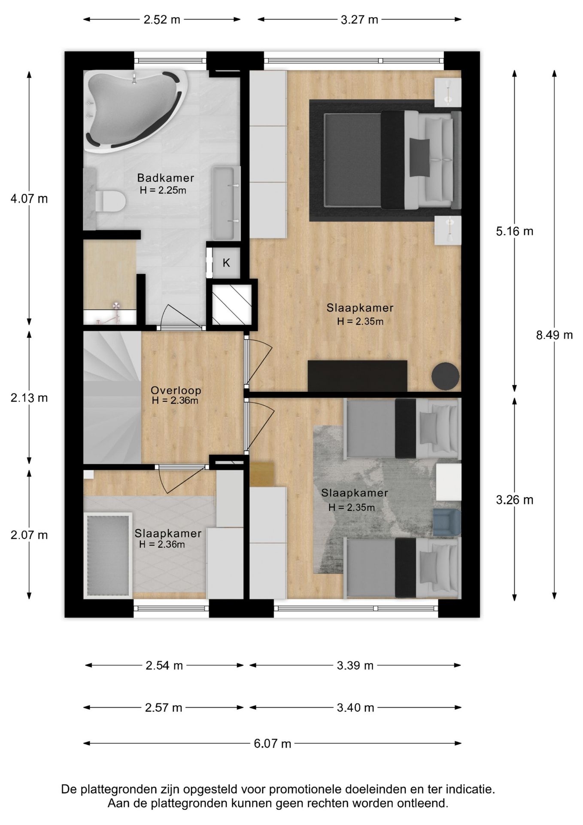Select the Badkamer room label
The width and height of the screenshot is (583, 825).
click(x=166, y=178)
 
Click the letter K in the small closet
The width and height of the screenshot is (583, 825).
click(x=226, y=263)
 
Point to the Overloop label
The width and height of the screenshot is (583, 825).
click(x=176, y=390)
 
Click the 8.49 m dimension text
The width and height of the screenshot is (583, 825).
click(x=554, y=335)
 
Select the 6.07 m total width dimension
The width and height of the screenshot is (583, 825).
click(x=273, y=743)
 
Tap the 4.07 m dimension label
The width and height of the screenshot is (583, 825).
click(x=29, y=199)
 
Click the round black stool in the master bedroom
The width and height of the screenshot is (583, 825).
click(x=446, y=376)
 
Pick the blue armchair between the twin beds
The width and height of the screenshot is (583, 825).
click(x=447, y=522)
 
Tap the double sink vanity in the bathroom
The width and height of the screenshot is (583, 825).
click(x=226, y=203)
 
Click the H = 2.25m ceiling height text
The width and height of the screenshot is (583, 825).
click(x=163, y=190)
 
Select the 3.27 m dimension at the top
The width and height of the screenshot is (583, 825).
click(x=359, y=20)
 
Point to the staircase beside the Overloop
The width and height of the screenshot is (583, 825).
click(x=112, y=397)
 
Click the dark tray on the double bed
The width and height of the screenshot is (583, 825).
click(x=419, y=157)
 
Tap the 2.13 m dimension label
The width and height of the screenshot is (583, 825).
click(x=29, y=398)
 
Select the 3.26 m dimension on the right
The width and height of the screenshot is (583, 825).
click(x=515, y=500)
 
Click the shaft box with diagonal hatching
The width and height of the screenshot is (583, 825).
click(x=232, y=304)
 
